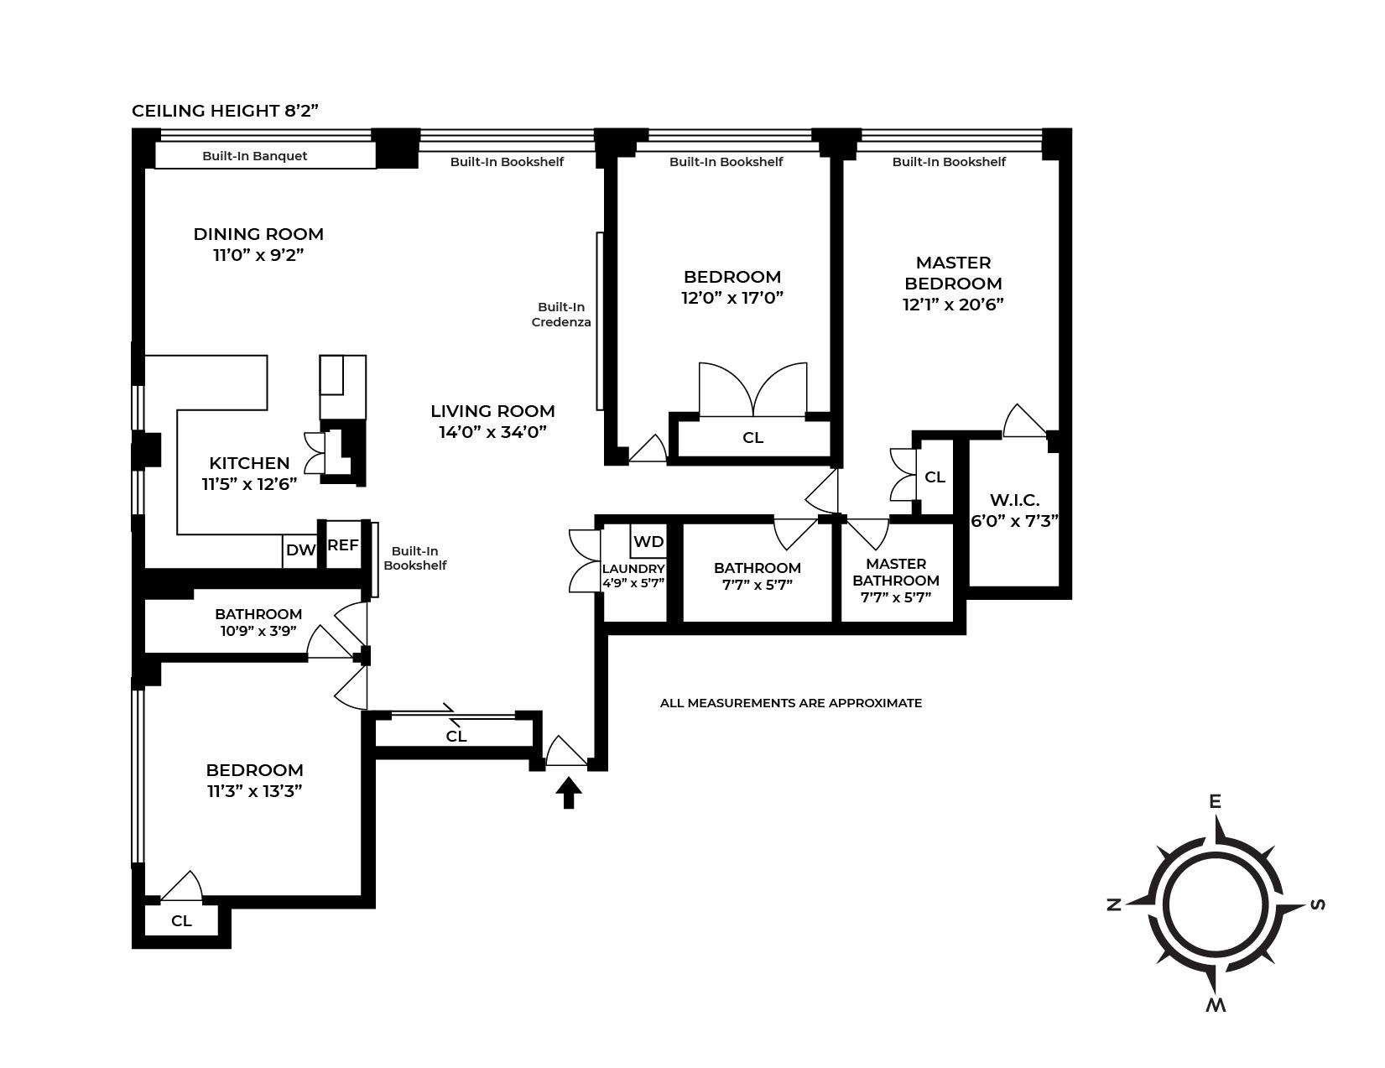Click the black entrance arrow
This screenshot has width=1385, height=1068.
click(569, 792)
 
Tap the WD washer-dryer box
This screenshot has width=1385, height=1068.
click(648, 541)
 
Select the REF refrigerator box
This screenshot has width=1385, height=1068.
click(342, 545)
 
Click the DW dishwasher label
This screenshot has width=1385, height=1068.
click(299, 550)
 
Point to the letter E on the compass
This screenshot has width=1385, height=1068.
click(1214, 802)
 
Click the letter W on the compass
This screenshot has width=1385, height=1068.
click(1216, 1005)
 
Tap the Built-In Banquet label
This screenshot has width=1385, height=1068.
click(255, 156)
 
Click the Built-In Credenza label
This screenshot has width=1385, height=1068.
click(561, 315)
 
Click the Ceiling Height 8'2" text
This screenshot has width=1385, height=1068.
click(225, 111)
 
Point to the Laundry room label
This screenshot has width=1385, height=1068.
click(633, 569)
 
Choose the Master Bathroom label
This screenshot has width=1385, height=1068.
click(896, 572)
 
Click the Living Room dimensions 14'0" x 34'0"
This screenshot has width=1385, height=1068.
click(492, 432)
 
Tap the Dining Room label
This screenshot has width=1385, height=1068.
click(258, 234)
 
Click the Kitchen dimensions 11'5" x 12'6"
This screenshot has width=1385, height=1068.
click(249, 484)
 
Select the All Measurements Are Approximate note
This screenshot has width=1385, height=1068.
click(790, 703)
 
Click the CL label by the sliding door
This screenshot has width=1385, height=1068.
click(456, 737)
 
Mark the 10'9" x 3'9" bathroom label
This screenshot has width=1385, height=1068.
click(258, 631)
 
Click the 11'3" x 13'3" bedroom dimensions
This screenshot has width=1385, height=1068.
click(254, 790)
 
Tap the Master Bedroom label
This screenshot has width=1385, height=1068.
click(953, 273)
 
